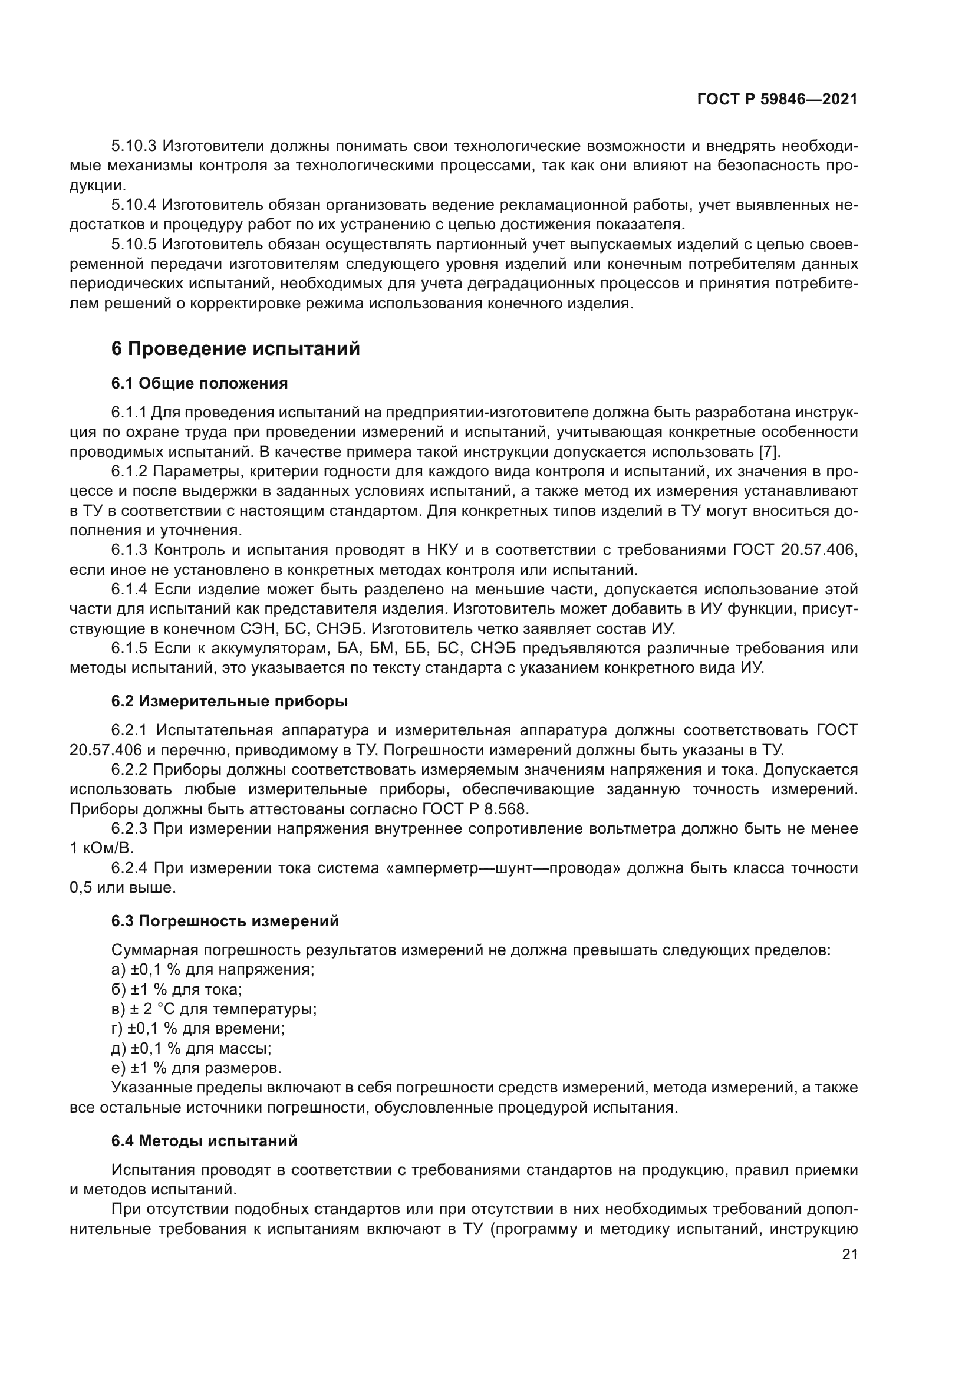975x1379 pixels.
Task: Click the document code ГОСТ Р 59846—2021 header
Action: click(x=777, y=100)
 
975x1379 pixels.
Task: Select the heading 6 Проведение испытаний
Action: click(x=235, y=349)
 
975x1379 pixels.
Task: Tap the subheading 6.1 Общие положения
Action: click(x=199, y=383)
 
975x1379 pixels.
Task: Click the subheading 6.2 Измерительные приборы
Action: click(x=229, y=701)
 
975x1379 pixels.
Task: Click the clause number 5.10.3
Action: click(x=133, y=146)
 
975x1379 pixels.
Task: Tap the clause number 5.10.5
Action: click(x=133, y=245)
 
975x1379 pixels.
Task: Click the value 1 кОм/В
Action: click(x=101, y=848)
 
